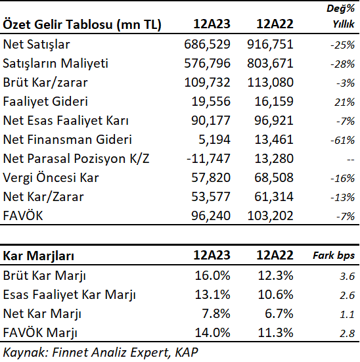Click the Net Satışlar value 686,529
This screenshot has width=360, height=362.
click(207, 44)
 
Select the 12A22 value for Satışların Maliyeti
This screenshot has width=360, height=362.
click(270, 64)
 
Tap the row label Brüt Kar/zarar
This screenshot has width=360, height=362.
click(45, 82)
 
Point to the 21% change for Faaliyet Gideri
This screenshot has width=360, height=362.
click(344, 102)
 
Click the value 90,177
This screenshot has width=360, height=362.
click(211, 120)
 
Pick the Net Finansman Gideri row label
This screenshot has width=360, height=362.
click(68, 139)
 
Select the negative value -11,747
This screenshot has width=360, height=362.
click(208, 158)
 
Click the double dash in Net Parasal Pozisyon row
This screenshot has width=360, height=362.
click(351, 160)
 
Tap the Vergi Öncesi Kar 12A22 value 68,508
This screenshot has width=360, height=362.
click(274, 178)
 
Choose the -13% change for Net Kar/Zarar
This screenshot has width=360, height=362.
click(342, 197)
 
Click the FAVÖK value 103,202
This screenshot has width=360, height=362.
click(270, 216)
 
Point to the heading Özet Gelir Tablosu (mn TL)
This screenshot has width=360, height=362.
click(82, 24)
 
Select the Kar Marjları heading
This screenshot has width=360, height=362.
click(39, 256)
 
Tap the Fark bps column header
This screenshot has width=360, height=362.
click(334, 256)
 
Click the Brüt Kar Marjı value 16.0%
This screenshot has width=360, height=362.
click(212, 276)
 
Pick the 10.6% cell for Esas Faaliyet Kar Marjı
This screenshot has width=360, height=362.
click(275, 295)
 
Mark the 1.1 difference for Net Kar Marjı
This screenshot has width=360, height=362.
click(348, 315)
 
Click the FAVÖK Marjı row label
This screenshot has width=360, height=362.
click(40, 333)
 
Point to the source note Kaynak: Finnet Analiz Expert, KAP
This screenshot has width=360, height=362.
click(101, 353)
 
